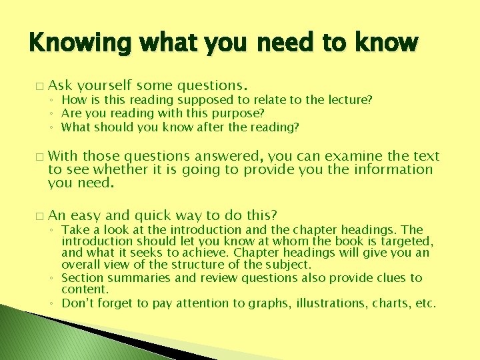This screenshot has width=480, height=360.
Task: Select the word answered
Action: (229, 156)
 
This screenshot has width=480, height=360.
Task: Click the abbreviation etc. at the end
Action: (425, 303)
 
